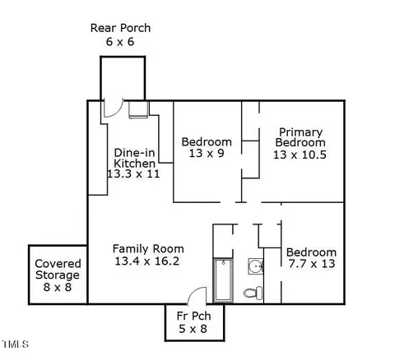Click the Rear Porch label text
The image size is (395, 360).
click(x=120, y=28)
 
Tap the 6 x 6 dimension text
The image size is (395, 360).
click(x=120, y=42)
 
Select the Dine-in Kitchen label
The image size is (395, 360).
click(x=134, y=158)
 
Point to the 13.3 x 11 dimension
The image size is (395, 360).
click(x=133, y=173)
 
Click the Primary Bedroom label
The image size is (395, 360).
click(x=300, y=137)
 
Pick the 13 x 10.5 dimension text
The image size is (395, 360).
click(x=300, y=155)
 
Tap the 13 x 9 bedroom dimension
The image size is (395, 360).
click(x=207, y=153)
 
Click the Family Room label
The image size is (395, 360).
click(x=148, y=249)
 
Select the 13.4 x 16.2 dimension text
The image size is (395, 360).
click(x=147, y=261)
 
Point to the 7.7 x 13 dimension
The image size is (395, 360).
click(x=312, y=264)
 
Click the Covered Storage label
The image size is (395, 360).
click(x=58, y=270)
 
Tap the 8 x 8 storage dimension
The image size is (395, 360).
click(x=58, y=287)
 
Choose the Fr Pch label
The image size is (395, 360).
click(x=193, y=316)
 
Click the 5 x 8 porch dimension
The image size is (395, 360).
click(x=193, y=329)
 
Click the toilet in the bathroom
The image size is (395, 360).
click(x=253, y=293)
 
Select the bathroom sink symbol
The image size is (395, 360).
click(x=256, y=266)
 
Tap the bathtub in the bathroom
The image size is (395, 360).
click(x=223, y=280)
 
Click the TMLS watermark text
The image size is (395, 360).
click(x=16, y=344)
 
